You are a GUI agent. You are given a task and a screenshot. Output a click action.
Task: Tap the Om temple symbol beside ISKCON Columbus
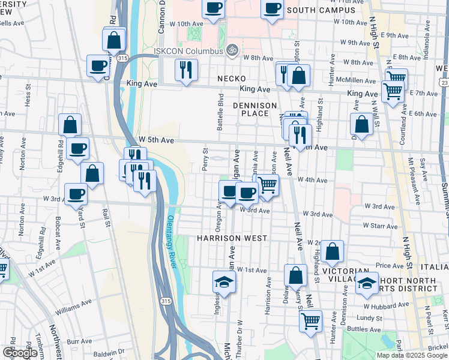pyautogui.click(x=233, y=50)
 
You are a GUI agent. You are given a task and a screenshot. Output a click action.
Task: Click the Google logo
pyautogui.click(x=20, y=353)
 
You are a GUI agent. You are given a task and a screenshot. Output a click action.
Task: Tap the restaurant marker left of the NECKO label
pyautogui.click(x=187, y=70)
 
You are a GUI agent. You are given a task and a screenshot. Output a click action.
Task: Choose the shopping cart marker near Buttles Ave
pyautogui.click(x=310, y=321)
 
